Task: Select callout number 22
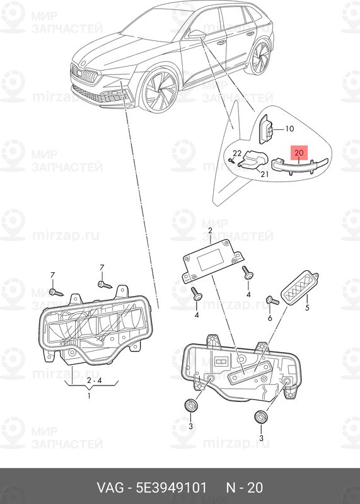pos(237,153)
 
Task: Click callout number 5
pos(307,308)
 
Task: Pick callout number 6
pos(270,319)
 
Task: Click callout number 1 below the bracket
pos(88,396)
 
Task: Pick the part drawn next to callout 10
pos(267,129)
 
